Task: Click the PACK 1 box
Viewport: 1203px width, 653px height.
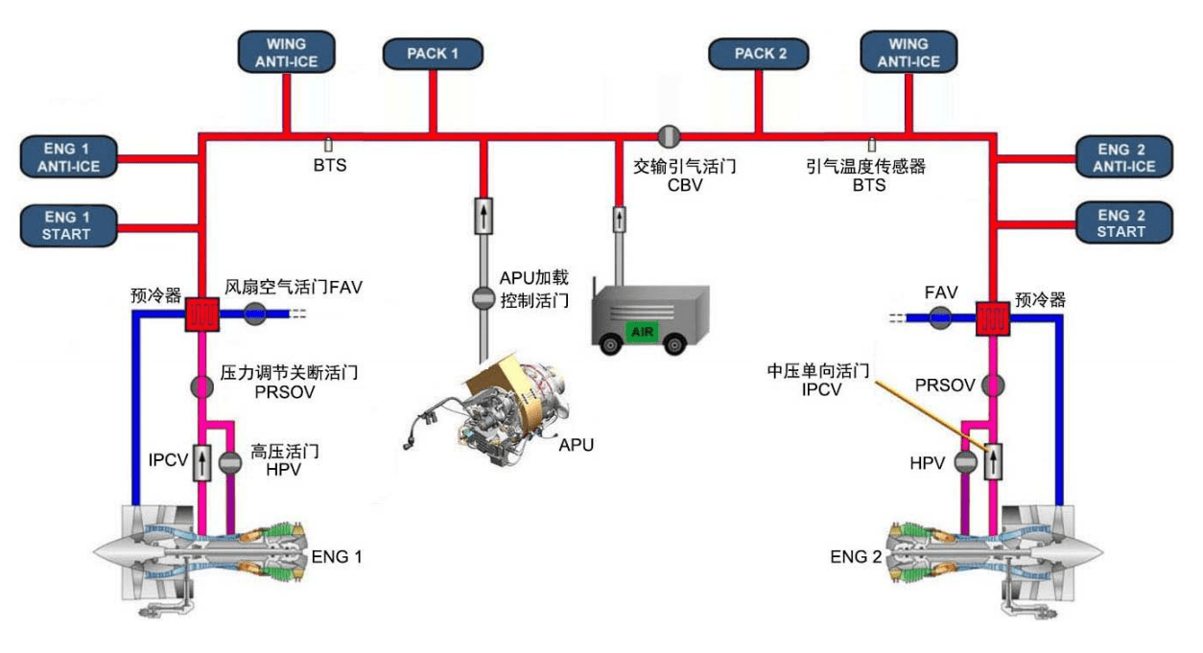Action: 433,54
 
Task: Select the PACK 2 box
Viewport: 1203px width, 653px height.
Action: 760,54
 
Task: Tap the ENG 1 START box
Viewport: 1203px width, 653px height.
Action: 66,225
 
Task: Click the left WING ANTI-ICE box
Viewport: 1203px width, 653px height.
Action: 286,52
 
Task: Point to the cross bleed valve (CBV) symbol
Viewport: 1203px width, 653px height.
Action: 669,135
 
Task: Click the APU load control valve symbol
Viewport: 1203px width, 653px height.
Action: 483,298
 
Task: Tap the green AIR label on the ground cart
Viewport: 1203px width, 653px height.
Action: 641,330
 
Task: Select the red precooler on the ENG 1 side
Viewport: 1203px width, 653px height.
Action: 202,314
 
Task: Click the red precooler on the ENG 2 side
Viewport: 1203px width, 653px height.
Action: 993,316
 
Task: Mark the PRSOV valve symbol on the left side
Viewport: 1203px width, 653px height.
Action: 202,385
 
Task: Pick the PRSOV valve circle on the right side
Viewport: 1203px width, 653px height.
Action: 993,385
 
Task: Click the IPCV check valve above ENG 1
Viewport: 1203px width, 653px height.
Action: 202,462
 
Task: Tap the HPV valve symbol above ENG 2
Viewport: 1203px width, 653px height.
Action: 966,462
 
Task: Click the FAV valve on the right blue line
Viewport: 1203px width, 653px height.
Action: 939,316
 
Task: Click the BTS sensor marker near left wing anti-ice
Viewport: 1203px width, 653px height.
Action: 328,145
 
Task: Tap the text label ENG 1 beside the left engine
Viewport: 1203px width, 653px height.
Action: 337,557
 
